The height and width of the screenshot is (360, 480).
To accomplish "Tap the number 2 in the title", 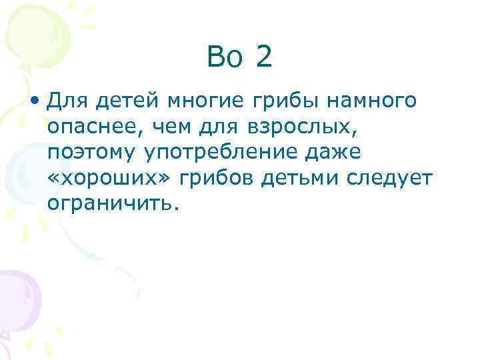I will (263, 57).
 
